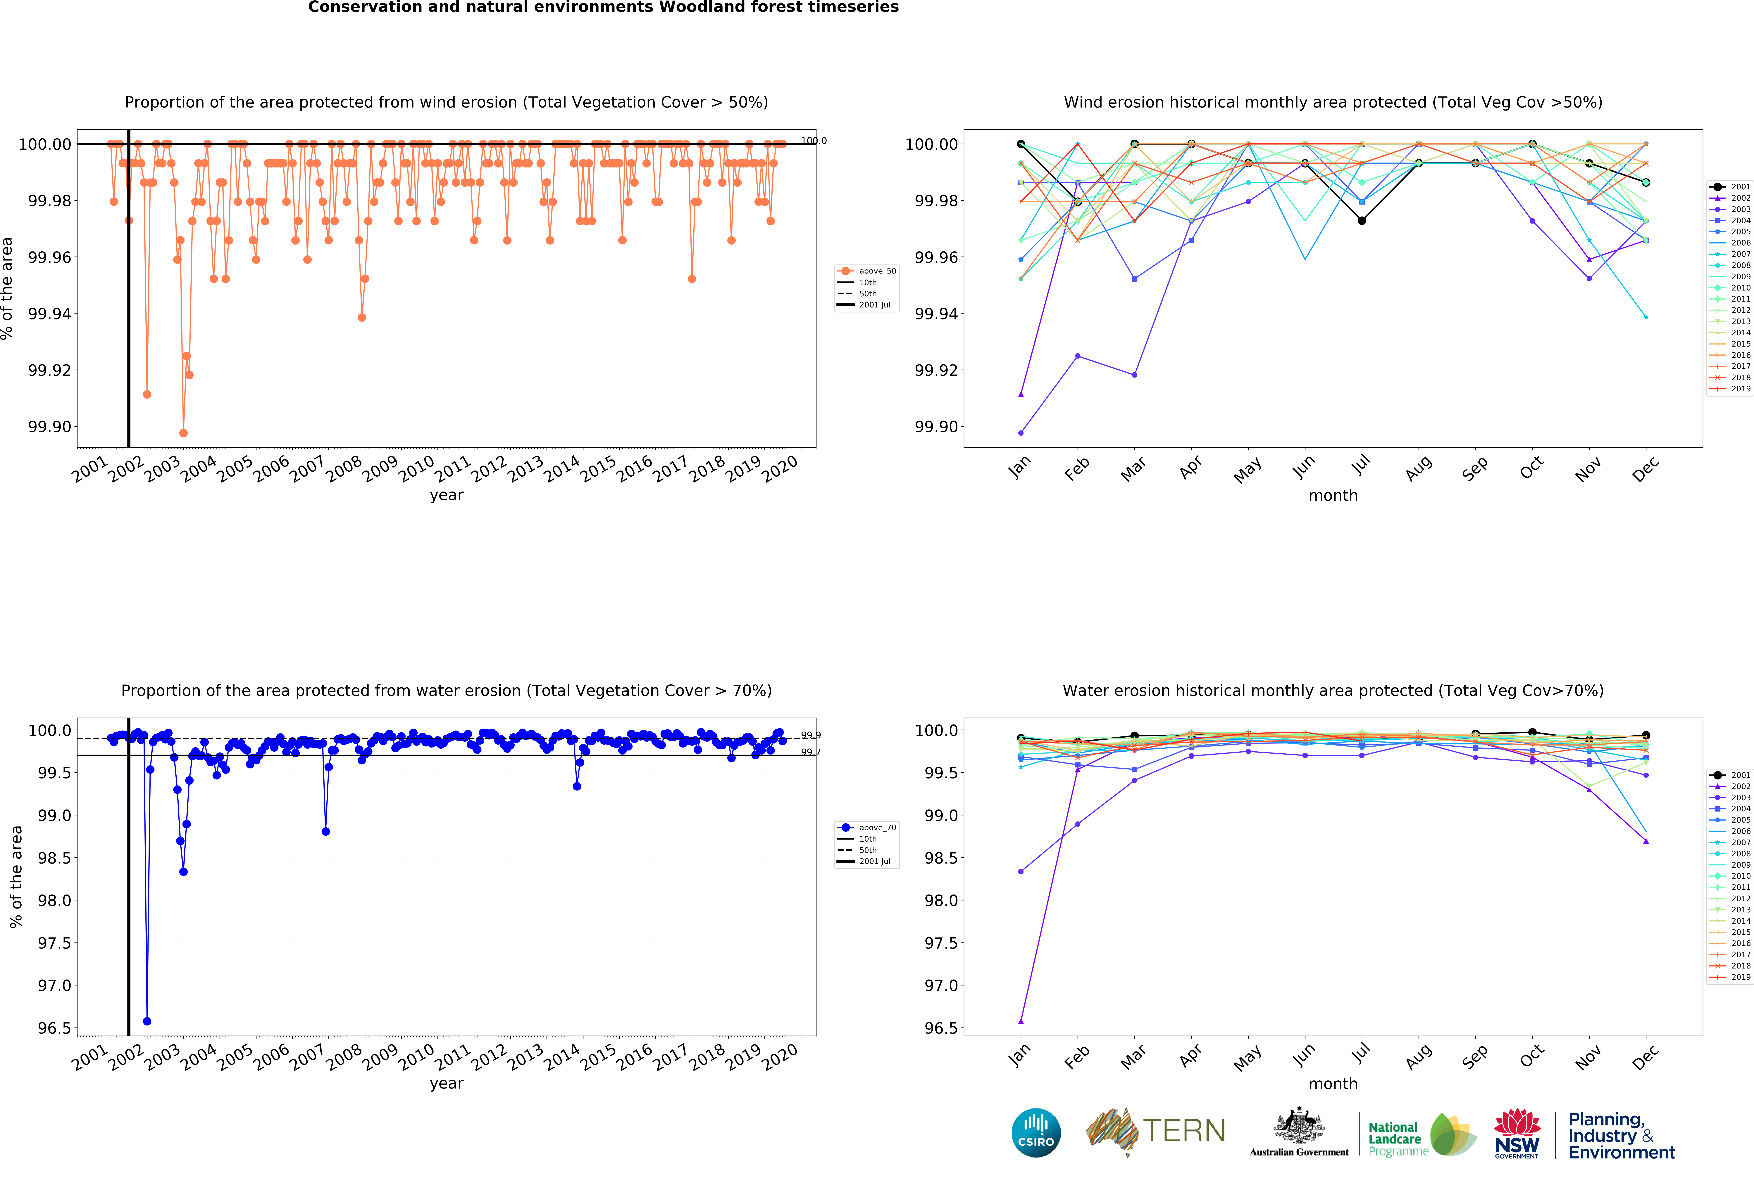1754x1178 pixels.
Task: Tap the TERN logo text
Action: pos(1184,1131)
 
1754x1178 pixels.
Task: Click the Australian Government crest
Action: pos(1299,1127)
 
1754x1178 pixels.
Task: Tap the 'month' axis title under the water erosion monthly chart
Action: pos(1333,1084)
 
